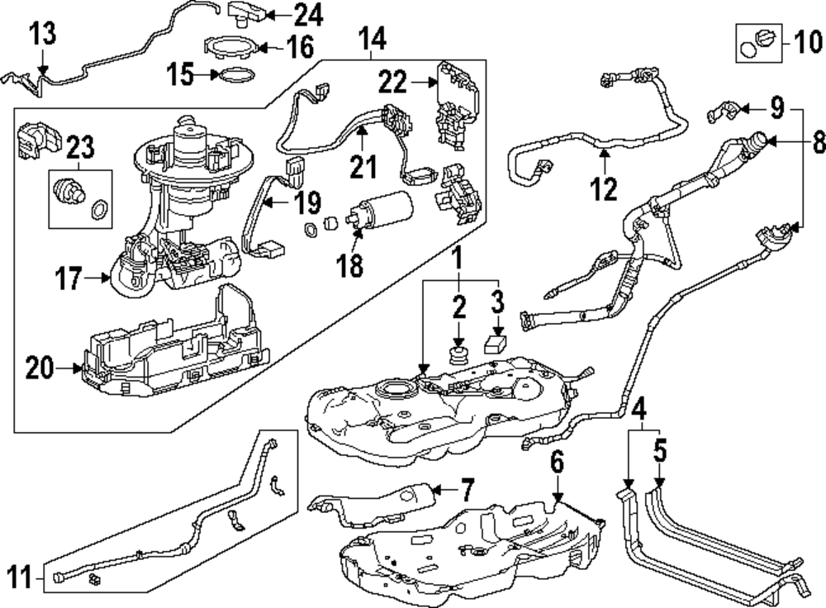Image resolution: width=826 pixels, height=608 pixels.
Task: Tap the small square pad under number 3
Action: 496,343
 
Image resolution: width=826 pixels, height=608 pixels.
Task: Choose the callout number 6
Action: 558,463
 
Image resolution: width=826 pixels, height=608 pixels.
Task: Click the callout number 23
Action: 81,149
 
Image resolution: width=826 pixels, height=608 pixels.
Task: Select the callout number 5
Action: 659,451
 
